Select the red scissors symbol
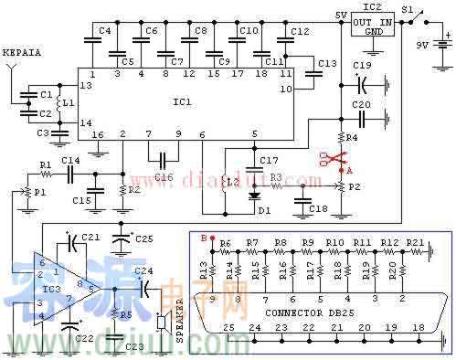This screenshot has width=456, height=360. click(328, 159)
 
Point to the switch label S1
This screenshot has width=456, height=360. click(409, 8)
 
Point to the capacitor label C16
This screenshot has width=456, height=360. click(164, 175)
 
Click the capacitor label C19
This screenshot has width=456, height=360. click(362, 66)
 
